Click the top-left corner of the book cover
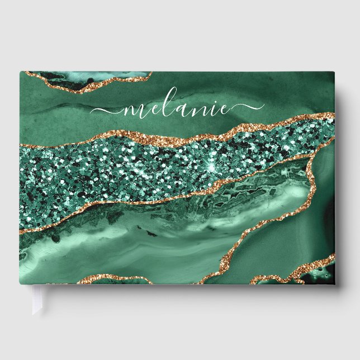click(21, 72)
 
